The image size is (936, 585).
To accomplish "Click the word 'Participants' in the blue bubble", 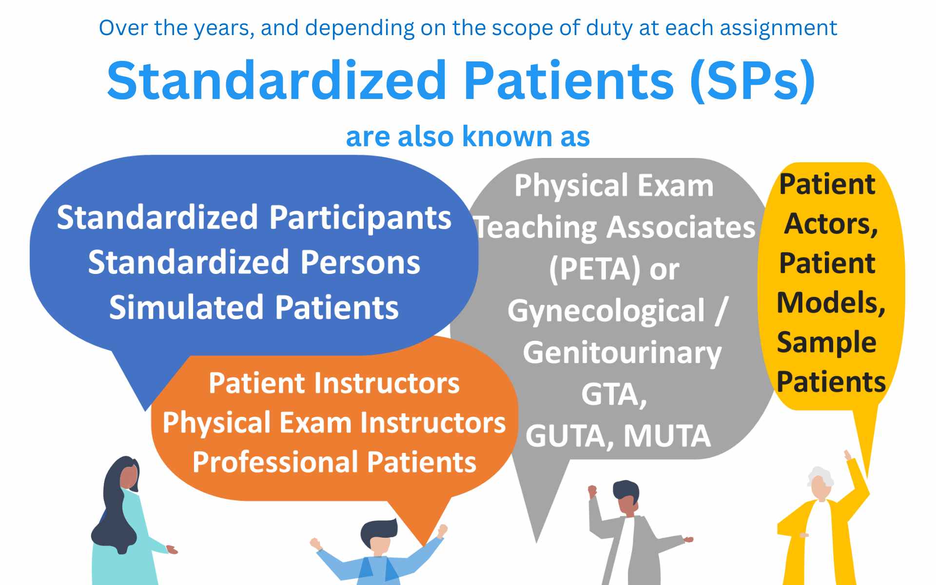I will click(360, 218).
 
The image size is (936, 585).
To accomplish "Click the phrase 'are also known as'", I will click(468, 136).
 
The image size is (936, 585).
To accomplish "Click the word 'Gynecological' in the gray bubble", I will click(606, 311).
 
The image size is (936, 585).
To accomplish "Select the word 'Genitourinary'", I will click(622, 353).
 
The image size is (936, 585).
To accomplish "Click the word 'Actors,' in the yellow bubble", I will click(831, 224).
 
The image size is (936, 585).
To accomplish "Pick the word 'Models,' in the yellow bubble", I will click(831, 303).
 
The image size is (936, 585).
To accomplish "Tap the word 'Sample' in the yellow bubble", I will click(826, 342).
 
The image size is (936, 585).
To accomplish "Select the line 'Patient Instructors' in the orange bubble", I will click(334, 383).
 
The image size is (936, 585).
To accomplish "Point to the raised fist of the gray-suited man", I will click(592, 490).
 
